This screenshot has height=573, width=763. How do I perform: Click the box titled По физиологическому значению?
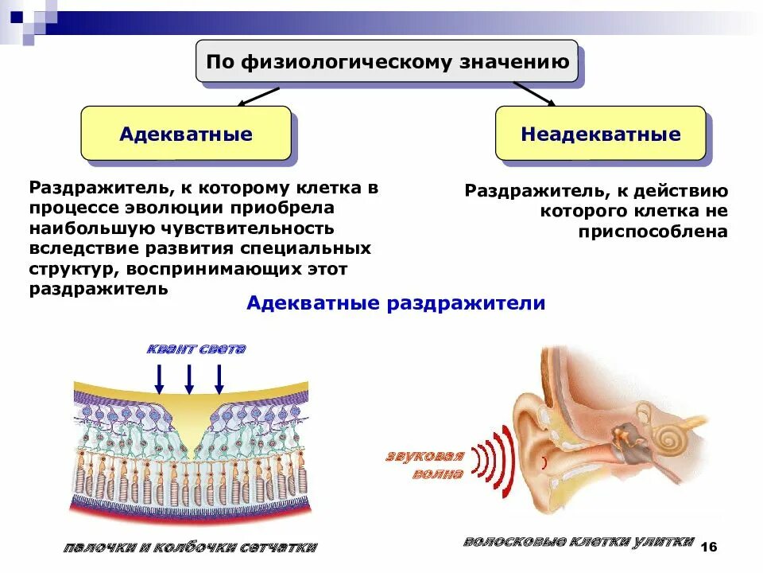pyautogui.click(x=389, y=62)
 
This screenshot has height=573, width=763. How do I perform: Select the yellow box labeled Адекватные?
pyautogui.click(x=185, y=134)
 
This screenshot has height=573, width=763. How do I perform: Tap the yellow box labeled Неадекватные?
pyautogui.click(x=600, y=134)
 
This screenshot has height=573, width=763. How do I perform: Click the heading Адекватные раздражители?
pyautogui.click(x=396, y=303)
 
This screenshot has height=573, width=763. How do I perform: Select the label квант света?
pyautogui.click(x=196, y=349)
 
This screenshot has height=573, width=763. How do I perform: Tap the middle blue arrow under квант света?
pyautogui.click(x=189, y=378)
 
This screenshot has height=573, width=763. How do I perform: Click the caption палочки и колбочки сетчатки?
pyautogui.click(x=190, y=548)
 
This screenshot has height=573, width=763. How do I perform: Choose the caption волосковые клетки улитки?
pyautogui.click(x=578, y=542)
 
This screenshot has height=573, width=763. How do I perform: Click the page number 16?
pyautogui.click(x=709, y=547)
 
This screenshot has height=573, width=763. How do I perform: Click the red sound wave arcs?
pyautogui.click(x=494, y=459)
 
